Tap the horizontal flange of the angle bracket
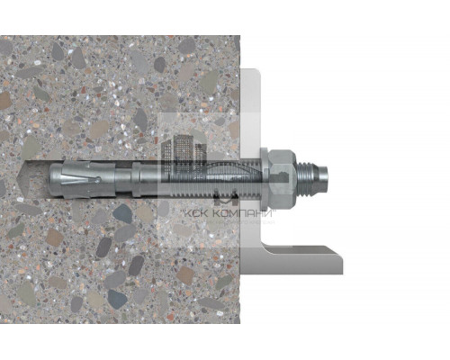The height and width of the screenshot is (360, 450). (306, 260)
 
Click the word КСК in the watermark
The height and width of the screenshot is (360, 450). (199, 213)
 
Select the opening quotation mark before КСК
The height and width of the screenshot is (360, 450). (184, 211)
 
